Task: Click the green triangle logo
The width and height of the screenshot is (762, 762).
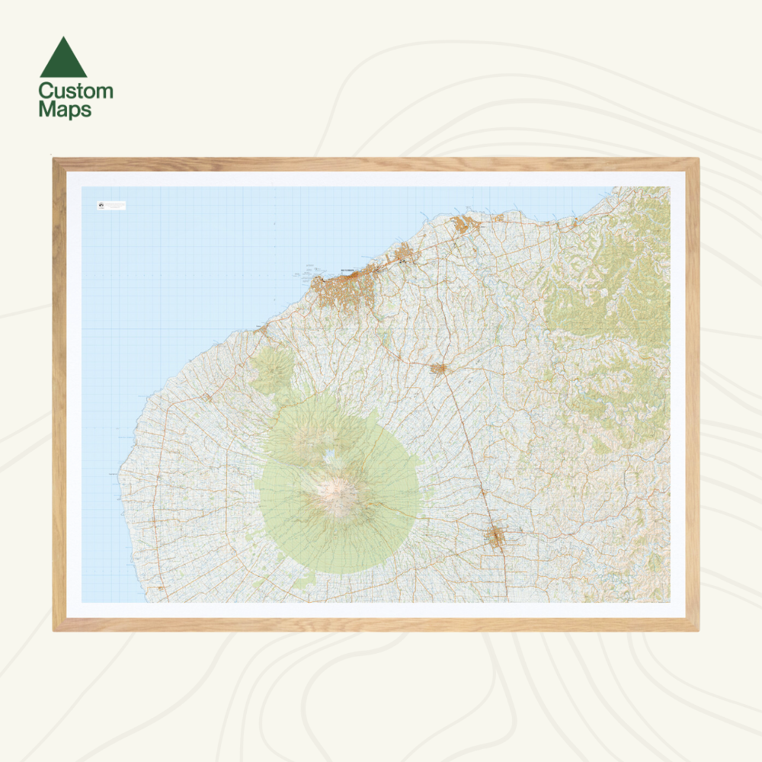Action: [63, 59]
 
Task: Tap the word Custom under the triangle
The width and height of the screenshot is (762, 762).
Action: [75, 91]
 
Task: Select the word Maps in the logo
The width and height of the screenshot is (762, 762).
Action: [65, 109]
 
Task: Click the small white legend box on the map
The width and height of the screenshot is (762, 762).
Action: [111, 205]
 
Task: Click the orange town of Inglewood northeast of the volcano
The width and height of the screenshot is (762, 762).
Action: [438, 369]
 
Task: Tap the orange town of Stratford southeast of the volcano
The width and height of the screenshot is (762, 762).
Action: [496, 537]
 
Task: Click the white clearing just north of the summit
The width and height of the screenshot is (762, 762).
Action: [331, 457]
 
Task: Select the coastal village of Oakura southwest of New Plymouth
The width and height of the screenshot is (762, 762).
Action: [261, 330]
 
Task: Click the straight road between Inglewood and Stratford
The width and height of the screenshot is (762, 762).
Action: [466, 450]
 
